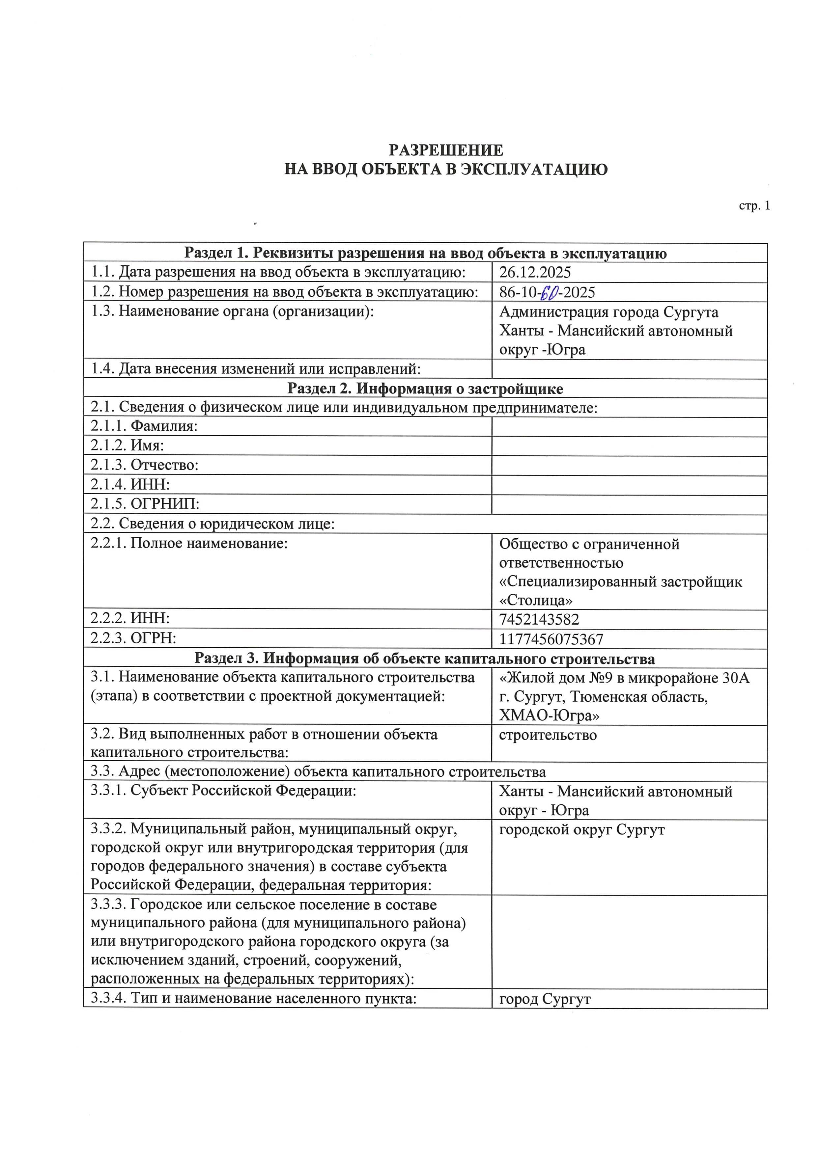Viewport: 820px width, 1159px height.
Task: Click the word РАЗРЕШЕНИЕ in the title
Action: [x=446, y=150]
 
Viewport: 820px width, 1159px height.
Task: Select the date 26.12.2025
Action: [x=535, y=273]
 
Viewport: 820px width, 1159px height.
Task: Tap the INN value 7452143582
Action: [x=539, y=619]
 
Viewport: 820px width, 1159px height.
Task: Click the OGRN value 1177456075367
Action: [x=551, y=639]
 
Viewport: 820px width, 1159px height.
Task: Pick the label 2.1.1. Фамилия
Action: [x=144, y=426]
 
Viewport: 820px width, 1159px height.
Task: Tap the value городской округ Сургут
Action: [x=582, y=830]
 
